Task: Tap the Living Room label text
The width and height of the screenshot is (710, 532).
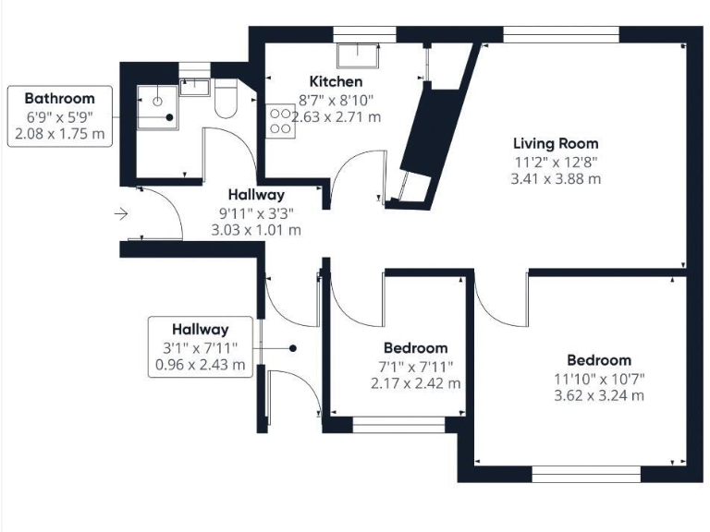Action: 556,143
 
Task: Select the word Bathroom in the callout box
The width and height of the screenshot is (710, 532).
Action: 59,99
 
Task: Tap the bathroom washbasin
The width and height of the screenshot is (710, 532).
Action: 195,88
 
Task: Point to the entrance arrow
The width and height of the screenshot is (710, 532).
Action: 121,214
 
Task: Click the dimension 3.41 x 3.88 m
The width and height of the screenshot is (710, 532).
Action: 556,178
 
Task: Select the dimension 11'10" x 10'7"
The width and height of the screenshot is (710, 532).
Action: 599,378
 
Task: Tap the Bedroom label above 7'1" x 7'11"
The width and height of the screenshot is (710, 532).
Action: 415,348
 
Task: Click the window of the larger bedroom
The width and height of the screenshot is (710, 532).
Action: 586,474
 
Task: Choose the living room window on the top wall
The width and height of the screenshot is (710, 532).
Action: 560,34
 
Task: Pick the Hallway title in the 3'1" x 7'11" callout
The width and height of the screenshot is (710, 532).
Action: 200,329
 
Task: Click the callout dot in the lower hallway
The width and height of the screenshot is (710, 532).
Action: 292,348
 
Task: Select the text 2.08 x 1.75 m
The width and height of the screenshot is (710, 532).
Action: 59,134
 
